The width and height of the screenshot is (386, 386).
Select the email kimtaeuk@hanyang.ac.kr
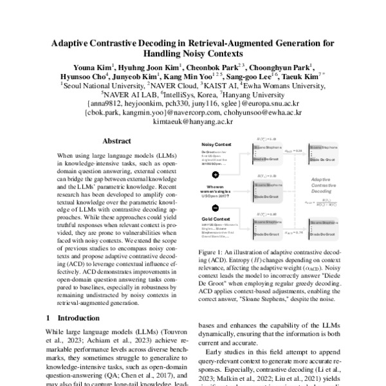tap(193, 121)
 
